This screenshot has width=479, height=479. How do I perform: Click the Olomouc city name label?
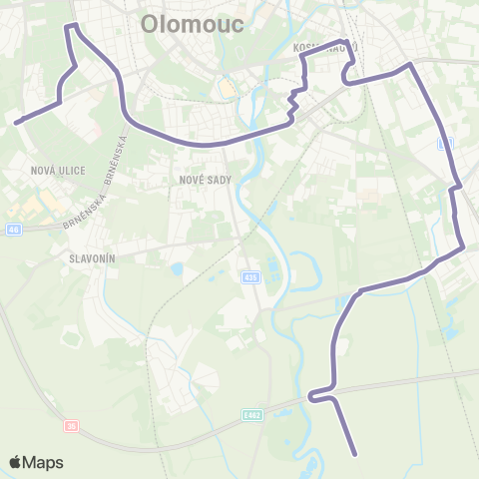(194, 24)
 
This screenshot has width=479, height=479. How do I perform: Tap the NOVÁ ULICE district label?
(58, 171)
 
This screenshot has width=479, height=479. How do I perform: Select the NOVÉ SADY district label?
(206, 180)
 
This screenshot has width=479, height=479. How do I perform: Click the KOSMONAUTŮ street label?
(324, 47)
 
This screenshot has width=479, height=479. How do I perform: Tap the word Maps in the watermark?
(44, 462)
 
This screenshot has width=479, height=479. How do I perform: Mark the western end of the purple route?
(18, 122)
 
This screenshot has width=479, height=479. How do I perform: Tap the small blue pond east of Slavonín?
(177, 268)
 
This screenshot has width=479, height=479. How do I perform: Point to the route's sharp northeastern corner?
(407, 66)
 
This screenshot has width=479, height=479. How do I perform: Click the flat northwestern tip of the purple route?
(71, 25)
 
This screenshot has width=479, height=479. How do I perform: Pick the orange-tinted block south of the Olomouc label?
(227, 89)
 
